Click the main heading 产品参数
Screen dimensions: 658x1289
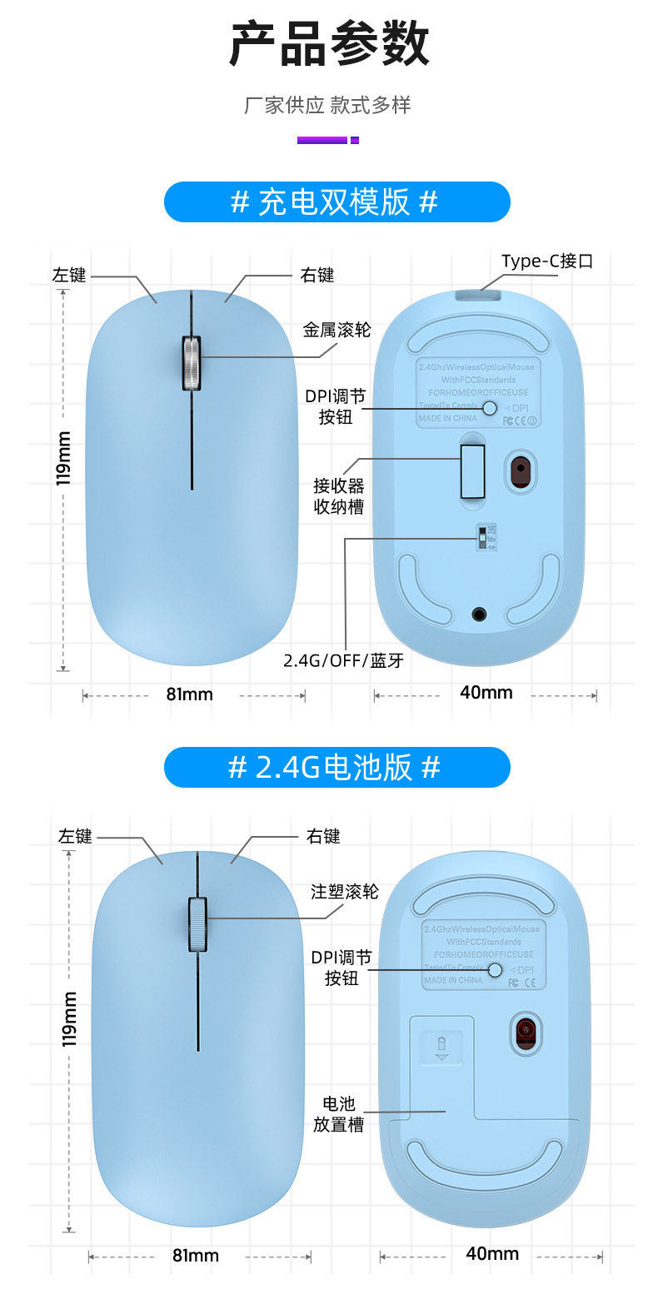pyautogui.click(x=329, y=45)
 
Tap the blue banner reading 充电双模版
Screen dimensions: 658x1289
pyautogui.click(x=336, y=202)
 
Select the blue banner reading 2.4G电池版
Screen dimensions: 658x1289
pyautogui.click(x=336, y=767)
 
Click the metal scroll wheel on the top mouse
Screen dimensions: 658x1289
pyautogui.click(x=192, y=363)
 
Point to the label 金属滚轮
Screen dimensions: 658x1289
pyautogui.click(x=336, y=330)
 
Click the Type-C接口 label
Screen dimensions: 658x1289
pyautogui.click(x=546, y=261)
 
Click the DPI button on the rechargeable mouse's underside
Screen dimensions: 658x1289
pyautogui.click(x=490, y=407)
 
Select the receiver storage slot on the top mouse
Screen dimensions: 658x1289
pyautogui.click(x=473, y=471)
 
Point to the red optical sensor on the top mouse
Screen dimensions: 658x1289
pyautogui.click(x=521, y=470)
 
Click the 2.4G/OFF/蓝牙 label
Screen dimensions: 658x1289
pyautogui.click(x=343, y=660)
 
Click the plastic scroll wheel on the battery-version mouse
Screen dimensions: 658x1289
pyautogui.click(x=197, y=923)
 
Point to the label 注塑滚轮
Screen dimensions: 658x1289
pyautogui.click(x=344, y=892)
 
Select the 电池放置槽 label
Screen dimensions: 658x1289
pyautogui.click(x=339, y=1114)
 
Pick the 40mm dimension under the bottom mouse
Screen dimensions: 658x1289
pyautogui.click(x=492, y=1253)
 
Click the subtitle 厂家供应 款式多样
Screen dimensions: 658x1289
pyautogui.click(x=327, y=106)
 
